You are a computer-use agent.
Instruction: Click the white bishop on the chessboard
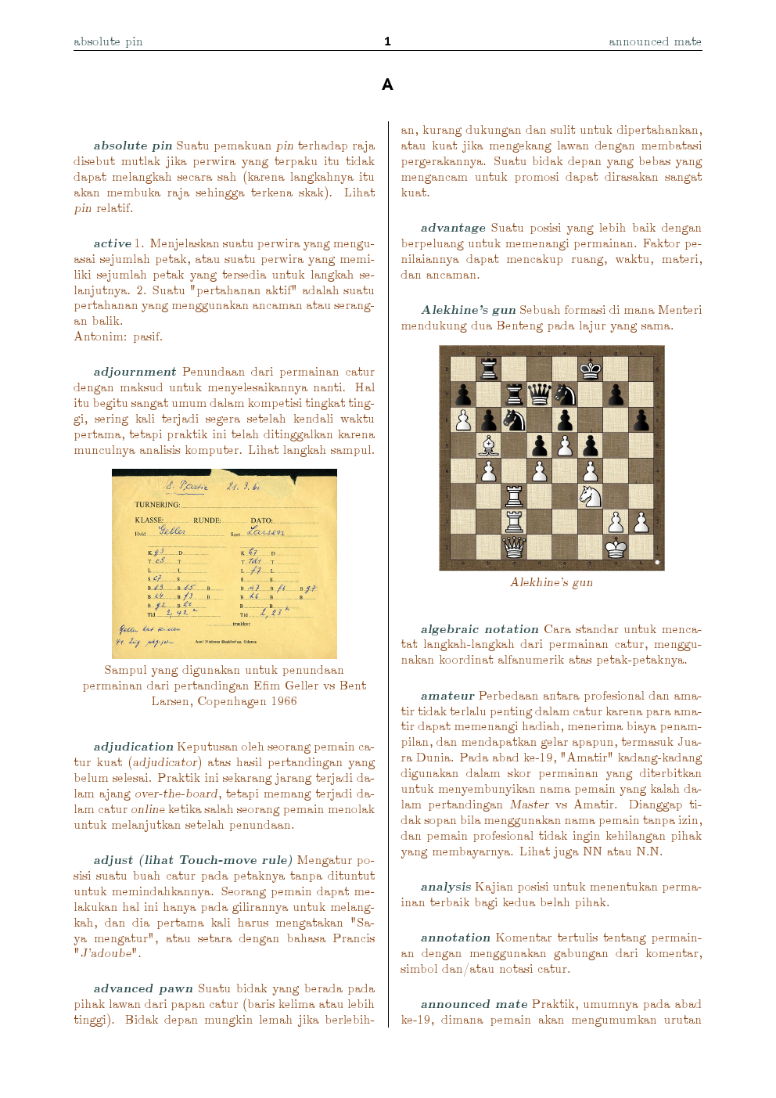489,445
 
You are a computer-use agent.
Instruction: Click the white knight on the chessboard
590,496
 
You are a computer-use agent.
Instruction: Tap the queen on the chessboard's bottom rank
514,545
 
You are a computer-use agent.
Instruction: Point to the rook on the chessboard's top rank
489,369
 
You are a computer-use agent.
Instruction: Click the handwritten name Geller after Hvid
171,531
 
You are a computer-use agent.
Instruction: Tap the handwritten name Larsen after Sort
265,531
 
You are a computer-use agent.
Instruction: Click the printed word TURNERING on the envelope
156,505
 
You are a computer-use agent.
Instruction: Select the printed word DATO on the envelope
261,520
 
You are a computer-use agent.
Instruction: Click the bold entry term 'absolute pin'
132,146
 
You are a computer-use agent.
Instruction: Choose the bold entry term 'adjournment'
135,372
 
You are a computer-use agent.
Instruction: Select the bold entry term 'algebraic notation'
480,629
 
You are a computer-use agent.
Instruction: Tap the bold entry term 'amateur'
447,696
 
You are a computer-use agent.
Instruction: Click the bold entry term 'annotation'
455,938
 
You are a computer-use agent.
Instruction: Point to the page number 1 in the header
387,41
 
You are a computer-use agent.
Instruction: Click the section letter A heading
387,85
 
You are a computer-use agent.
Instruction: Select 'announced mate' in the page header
655,41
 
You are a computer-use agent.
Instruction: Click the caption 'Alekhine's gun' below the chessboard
551,582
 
